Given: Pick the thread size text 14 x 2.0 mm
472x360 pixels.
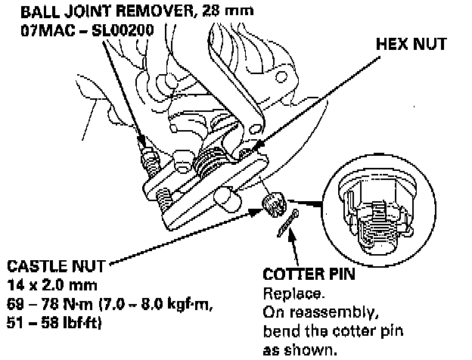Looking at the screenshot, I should point(48,284).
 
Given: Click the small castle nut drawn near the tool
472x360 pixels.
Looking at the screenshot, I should point(274,203).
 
